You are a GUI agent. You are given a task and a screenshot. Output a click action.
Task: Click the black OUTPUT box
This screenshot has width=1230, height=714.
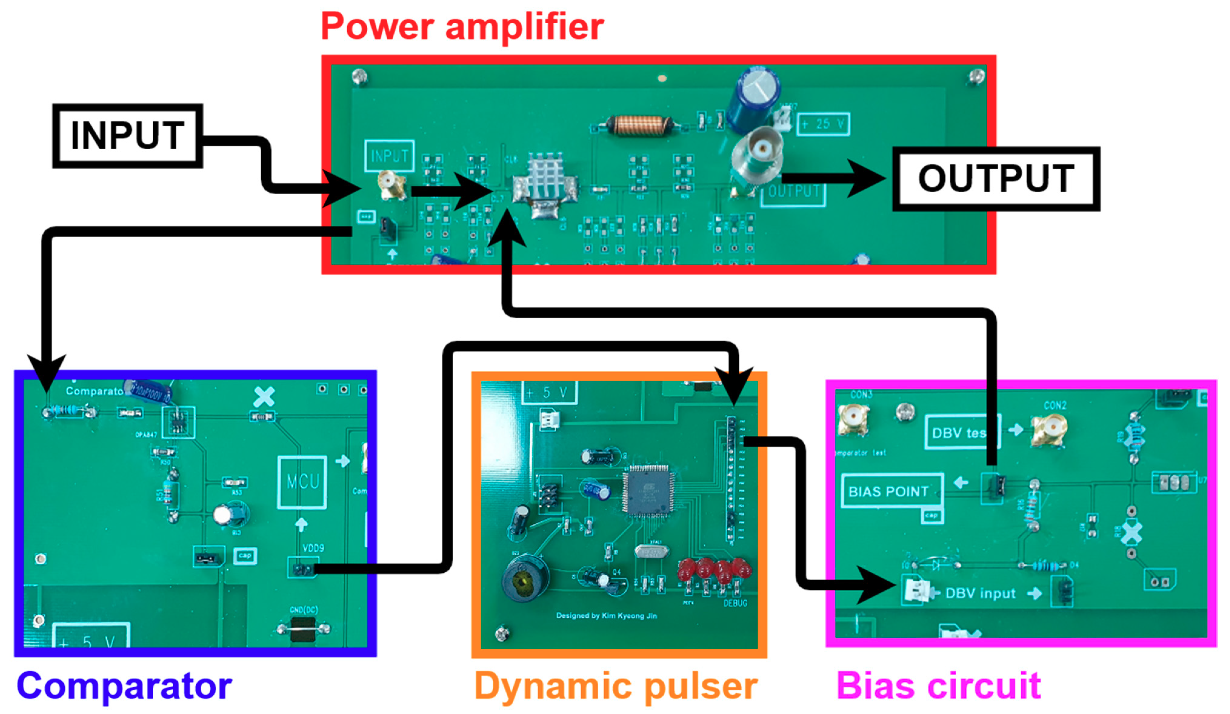tap(996, 179)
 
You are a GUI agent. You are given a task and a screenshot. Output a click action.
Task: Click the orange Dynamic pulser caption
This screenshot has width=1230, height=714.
tap(616, 686)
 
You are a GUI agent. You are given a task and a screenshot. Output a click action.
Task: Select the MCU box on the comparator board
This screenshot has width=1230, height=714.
tap(302, 482)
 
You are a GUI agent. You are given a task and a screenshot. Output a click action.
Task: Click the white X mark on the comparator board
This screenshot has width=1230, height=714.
tap(264, 397)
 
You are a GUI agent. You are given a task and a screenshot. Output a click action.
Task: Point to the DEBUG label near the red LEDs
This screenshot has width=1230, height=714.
tap(735, 603)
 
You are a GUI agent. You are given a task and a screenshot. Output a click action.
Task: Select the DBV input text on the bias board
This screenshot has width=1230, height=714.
tap(980, 593)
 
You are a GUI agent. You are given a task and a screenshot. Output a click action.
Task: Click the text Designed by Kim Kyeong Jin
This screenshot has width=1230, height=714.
tap(606, 616)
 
